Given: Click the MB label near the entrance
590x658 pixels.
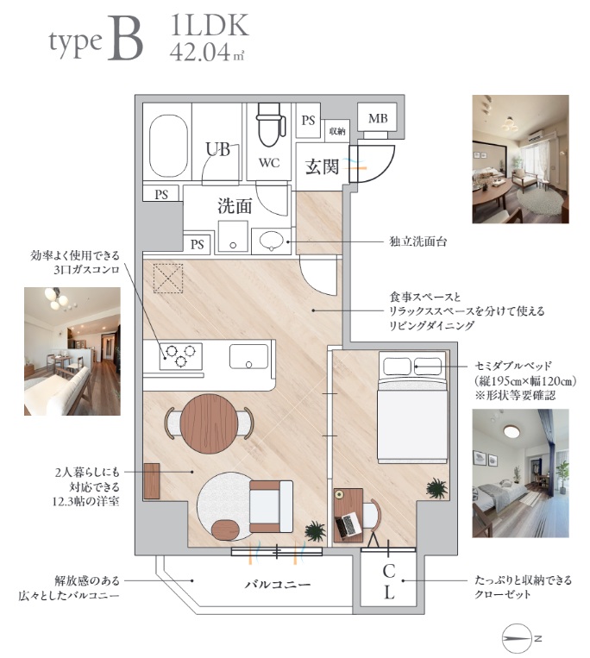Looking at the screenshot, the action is (378, 119).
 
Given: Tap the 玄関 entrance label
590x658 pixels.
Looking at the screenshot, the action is (322, 166).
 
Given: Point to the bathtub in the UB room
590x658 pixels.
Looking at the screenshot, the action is (168, 146).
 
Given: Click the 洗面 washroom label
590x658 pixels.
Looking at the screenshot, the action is (235, 206).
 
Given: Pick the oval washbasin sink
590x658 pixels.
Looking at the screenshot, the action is (271, 241).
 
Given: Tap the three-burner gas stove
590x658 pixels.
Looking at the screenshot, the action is (180, 356).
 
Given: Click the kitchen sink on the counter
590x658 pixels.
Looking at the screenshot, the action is (248, 356).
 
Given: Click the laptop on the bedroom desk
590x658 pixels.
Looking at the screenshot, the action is (348, 525).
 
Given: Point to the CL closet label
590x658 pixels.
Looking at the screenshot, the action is (389, 581).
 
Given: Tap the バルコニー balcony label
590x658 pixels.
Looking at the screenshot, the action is (278, 584).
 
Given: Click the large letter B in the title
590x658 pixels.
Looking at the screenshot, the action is (125, 39).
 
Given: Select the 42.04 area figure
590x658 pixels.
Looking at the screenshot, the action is (200, 53).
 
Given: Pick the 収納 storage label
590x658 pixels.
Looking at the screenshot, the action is (337, 131).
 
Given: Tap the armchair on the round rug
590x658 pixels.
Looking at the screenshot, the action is (271, 506).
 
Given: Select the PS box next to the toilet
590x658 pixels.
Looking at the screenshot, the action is (308, 121).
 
